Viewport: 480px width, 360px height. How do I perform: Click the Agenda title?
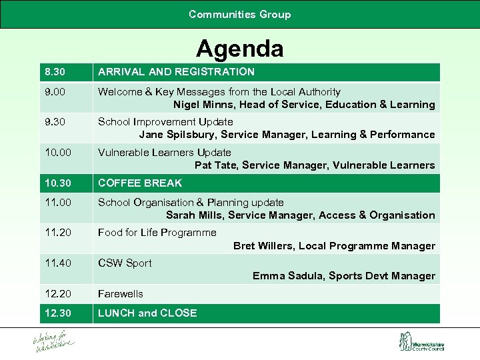pos(239,49)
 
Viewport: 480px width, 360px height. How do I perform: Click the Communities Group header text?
pos(239,14)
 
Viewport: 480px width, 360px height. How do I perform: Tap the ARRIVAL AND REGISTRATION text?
pos(176,72)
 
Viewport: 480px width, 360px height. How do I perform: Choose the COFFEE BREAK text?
pos(139,183)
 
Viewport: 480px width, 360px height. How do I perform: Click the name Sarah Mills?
pos(195,215)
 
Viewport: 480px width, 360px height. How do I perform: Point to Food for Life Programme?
pos(157,233)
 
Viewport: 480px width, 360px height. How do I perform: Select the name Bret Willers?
pos(263,246)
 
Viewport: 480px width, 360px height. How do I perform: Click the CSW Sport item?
pos(125,263)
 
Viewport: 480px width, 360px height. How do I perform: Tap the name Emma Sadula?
pos(286,276)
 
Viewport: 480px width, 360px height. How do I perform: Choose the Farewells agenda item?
pos(120,294)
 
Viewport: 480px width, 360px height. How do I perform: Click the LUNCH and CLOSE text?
pos(147,313)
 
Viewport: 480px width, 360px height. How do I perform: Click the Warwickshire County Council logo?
pos(421,342)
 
